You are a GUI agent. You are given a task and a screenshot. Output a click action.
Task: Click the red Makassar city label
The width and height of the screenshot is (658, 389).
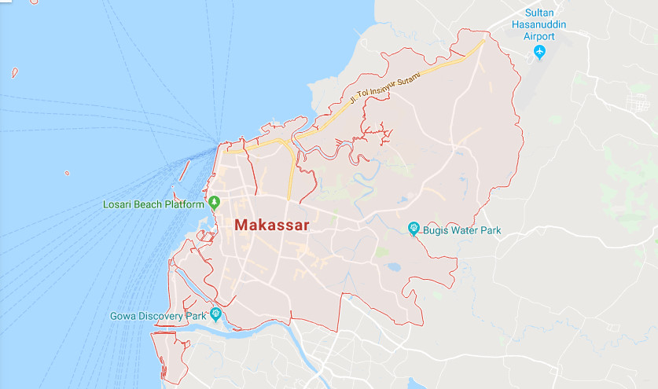click(x=271, y=226)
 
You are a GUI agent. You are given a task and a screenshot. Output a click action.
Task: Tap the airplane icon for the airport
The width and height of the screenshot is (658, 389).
click(x=539, y=52)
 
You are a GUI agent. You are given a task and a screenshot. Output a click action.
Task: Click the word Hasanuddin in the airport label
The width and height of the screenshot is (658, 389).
click(x=539, y=24)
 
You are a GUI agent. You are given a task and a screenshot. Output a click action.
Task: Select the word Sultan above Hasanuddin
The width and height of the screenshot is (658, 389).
click(x=539, y=13)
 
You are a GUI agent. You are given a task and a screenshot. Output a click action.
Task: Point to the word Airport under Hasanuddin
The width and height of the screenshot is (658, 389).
click(x=539, y=36)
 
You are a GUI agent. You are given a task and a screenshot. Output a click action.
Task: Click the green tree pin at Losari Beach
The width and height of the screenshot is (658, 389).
click(x=213, y=204)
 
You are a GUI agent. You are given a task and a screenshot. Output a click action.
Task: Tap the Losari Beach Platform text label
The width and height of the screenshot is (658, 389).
click(x=154, y=204)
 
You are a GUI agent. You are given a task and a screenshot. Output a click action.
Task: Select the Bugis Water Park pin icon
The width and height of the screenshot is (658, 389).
click(x=414, y=229)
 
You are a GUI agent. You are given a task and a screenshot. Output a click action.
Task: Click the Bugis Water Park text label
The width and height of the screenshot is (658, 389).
click(x=461, y=230)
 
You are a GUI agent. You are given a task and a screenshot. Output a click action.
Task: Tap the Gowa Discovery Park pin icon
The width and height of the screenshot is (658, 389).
click(x=215, y=315)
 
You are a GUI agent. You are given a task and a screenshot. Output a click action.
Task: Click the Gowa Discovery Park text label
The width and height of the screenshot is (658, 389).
click(x=158, y=316)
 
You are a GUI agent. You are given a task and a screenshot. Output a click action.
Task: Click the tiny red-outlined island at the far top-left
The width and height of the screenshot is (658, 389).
click(x=15, y=73)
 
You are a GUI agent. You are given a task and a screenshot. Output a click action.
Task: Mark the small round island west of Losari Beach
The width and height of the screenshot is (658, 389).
click(x=67, y=173)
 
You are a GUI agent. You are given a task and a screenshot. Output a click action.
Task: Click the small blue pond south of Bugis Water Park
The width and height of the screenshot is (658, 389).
click(x=393, y=267)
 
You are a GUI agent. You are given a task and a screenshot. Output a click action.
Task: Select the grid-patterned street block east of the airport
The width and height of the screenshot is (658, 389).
click(x=634, y=102)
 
